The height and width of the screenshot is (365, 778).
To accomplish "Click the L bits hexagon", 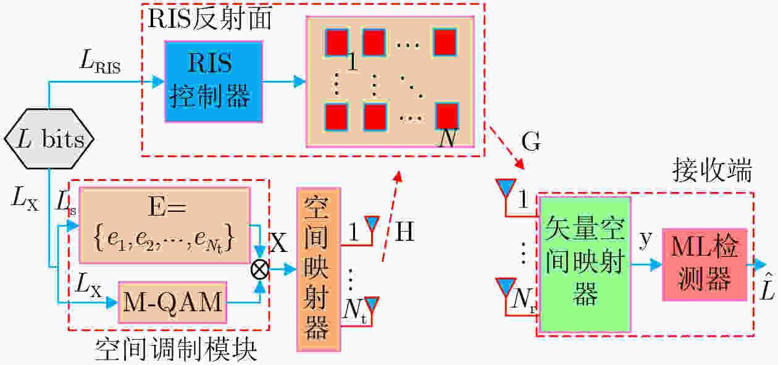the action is point(49,139).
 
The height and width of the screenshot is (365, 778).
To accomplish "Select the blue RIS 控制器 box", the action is point(214,82).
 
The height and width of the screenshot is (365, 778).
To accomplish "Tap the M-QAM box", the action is point(173,302).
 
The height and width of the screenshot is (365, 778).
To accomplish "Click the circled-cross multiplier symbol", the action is point(260,269).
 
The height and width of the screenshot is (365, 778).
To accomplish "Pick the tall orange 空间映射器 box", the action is point(319,269).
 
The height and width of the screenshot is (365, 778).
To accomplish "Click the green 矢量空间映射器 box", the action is point(585,264).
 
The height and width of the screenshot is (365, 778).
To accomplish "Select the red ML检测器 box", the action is point(705,264).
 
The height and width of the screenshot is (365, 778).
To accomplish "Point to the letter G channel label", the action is point(531,141).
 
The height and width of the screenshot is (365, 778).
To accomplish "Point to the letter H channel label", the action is point(404,232).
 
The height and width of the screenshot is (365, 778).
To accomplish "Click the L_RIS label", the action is point(101,62).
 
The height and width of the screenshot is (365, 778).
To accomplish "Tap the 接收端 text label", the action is point(712,170).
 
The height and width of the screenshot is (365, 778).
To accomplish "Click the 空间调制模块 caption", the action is point(176,349).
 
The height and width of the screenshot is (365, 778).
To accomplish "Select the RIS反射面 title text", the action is point(210,18).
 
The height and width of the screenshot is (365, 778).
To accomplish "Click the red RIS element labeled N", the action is point(447,116).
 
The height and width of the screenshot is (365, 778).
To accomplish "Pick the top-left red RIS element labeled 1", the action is point(337,43).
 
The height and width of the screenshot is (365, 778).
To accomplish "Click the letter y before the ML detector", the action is point(646,239).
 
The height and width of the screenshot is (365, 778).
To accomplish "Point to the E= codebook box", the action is point(165,225).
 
